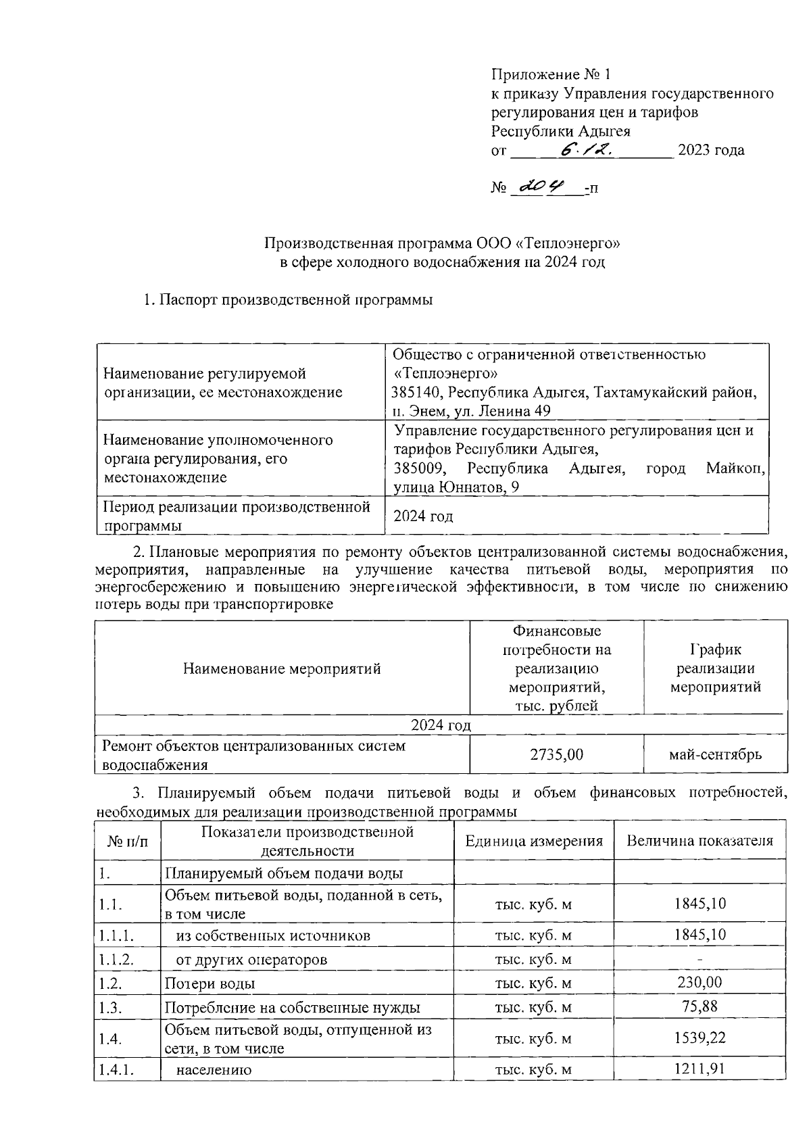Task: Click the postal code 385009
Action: [x=417, y=468]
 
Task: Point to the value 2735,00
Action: [x=556, y=754]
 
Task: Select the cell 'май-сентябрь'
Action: [x=715, y=754]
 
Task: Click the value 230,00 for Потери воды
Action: [x=699, y=982]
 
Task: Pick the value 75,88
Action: [x=699, y=1006]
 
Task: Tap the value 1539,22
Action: [x=699, y=1038]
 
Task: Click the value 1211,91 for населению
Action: [x=699, y=1069]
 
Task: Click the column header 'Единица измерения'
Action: [x=533, y=841]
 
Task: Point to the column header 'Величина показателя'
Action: [x=699, y=841]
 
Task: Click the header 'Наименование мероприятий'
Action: [x=282, y=669]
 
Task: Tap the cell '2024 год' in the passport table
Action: [x=423, y=517]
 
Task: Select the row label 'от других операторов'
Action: [x=251, y=960]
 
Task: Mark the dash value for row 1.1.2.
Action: [x=699, y=960]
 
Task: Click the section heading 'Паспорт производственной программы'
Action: [x=296, y=299]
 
